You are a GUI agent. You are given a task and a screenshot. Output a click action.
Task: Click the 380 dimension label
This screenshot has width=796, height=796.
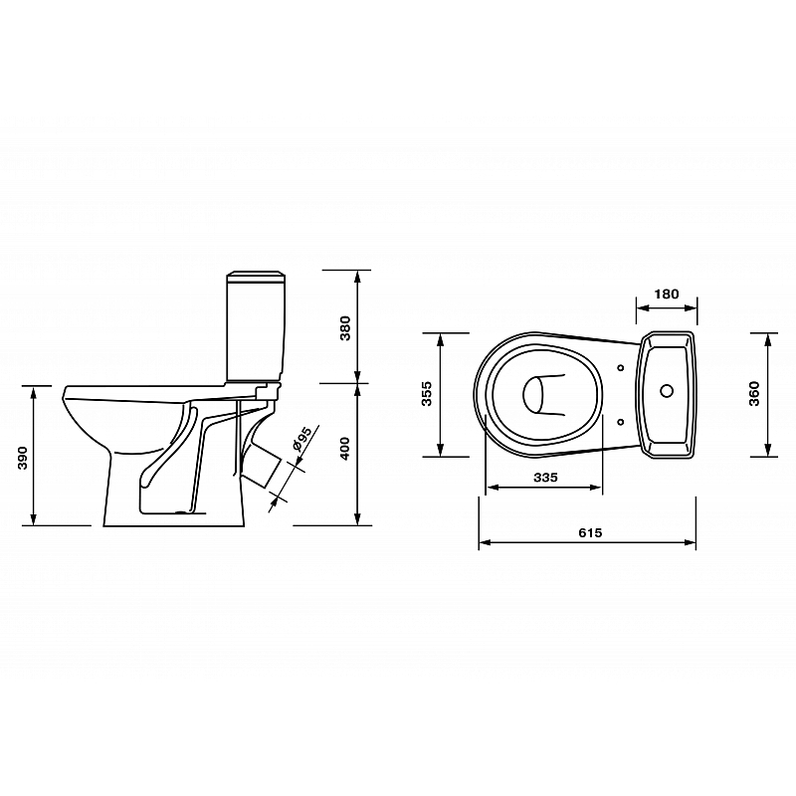click(x=345, y=328)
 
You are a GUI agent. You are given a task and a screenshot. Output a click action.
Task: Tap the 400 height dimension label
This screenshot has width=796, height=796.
click(x=345, y=449)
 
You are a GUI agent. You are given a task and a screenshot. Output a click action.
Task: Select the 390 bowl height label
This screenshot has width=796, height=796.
click(x=23, y=458)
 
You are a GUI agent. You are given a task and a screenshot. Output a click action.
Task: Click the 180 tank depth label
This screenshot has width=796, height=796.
click(x=666, y=294)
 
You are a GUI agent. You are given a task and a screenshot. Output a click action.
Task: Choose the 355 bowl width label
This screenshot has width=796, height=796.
click(x=427, y=393)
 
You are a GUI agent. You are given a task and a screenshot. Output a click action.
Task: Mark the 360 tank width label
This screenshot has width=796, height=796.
click(x=754, y=393)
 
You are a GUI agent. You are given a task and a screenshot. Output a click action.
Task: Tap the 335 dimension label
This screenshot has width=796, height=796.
click(x=545, y=478)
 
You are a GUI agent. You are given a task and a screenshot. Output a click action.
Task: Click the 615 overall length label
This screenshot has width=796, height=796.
click(x=590, y=532)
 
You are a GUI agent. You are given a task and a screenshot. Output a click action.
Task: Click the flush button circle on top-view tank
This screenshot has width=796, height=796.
click(x=667, y=390)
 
